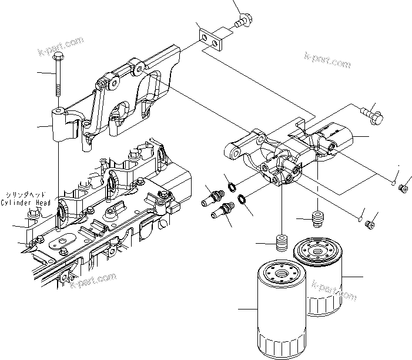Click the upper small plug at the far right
click(404, 188)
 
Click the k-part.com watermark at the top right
click(327, 59)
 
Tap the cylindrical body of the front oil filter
click(280, 317)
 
